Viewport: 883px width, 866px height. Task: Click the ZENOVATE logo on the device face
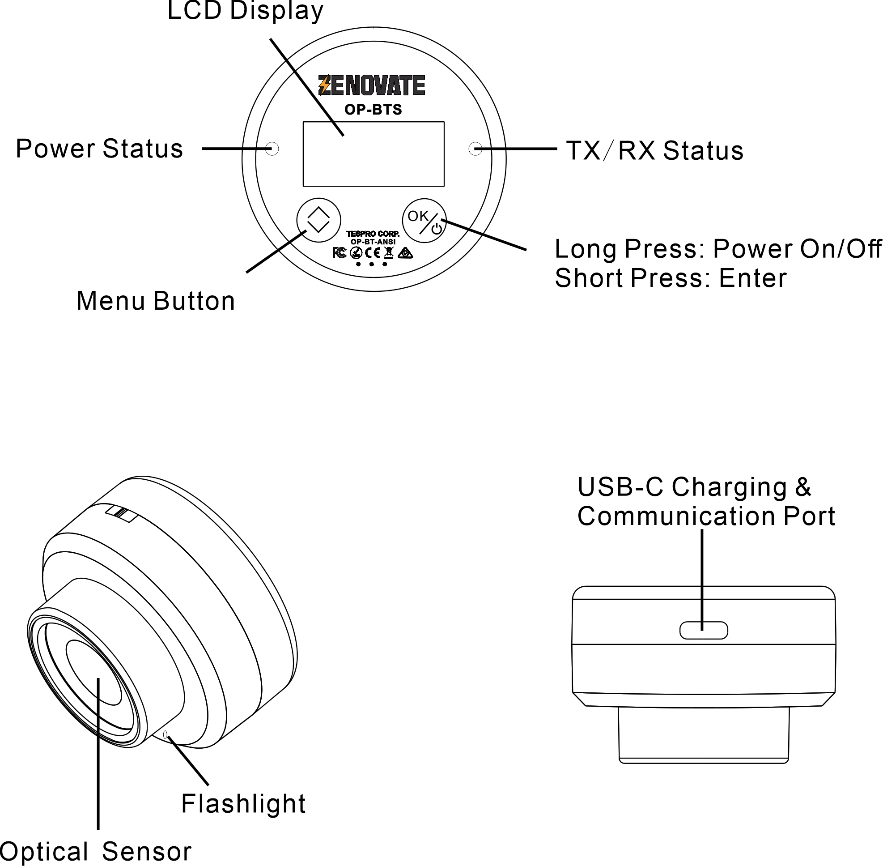[x=371, y=85]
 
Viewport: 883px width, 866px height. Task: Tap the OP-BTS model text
[x=373, y=110]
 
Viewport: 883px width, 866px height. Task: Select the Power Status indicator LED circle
[x=272, y=149]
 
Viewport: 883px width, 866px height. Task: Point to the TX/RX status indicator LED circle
[x=475, y=149]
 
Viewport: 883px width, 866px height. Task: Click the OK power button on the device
[x=424, y=221]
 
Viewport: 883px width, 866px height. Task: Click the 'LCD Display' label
[x=245, y=11]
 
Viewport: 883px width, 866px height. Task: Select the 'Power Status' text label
[x=99, y=149]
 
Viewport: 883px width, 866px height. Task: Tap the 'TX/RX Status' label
[x=655, y=150]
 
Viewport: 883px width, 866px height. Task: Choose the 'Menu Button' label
[x=156, y=301]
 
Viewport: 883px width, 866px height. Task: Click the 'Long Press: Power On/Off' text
[x=717, y=249]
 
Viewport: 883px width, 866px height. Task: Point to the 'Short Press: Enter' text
[x=671, y=278]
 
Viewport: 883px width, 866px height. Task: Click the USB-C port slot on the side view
[x=703, y=630]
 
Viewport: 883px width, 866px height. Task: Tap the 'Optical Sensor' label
[x=95, y=851]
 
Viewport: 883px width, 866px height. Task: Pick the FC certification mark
[x=339, y=253]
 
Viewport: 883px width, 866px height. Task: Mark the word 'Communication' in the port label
[x=676, y=516]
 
